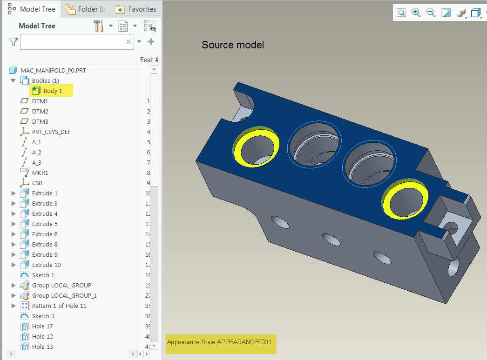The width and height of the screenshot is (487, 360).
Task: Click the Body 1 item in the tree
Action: tap(52, 91)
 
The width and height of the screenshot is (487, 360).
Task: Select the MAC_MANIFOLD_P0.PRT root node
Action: tap(53, 70)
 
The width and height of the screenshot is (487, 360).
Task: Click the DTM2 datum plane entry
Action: tap(40, 111)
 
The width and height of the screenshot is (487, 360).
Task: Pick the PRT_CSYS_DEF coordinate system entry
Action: tap(51, 132)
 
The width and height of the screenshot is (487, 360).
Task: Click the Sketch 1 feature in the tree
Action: tap(43, 275)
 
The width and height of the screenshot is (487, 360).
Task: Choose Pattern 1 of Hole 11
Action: tap(59, 306)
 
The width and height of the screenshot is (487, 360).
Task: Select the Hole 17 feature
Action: tap(42, 326)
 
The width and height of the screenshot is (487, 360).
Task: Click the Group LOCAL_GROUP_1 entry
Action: tap(64, 295)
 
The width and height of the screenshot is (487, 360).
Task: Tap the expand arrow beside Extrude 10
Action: tap(13, 265)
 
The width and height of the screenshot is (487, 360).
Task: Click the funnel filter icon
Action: tap(13, 42)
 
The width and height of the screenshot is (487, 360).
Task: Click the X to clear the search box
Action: tap(129, 42)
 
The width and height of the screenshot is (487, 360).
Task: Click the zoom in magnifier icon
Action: tap(416, 13)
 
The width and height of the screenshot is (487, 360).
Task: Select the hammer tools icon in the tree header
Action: tap(98, 26)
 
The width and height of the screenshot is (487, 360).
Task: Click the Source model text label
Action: tap(232, 45)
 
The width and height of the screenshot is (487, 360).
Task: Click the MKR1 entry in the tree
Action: tap(40, 173)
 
